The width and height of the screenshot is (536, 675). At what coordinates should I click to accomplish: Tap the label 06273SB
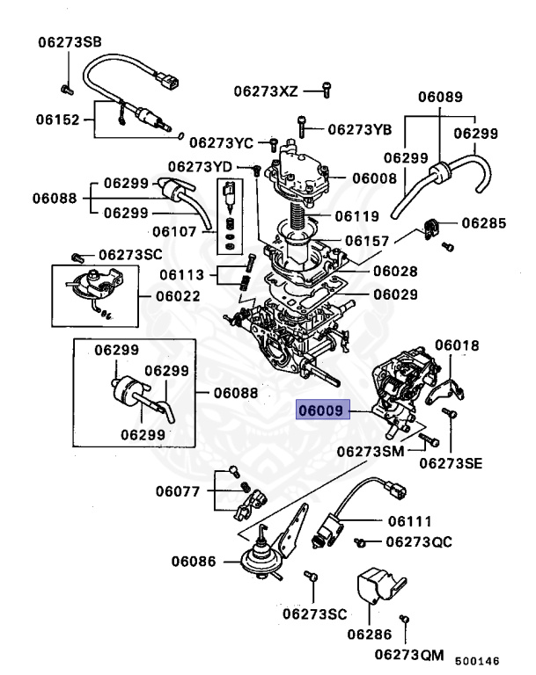(x=69, y=41)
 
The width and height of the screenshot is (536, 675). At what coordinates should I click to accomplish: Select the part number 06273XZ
(x=266, y=90)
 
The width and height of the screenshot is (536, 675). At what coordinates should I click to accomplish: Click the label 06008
(x=374, y=178)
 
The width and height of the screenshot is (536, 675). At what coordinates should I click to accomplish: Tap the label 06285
(x=484, y=224)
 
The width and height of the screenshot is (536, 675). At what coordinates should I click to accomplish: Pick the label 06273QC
(x=418, y=541)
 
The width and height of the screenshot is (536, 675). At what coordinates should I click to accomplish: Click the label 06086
(x=194, y=559)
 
